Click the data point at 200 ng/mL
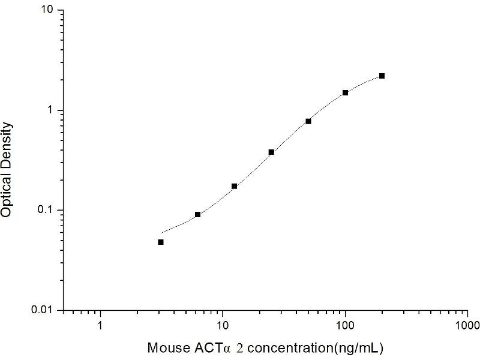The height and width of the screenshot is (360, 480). click(382, 76)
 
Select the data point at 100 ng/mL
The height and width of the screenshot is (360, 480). click(346, 93)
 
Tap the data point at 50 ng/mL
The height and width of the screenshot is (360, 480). click(308, 121)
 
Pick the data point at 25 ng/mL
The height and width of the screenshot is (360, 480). click(271, 152)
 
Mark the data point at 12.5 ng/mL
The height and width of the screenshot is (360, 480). click(235, 186)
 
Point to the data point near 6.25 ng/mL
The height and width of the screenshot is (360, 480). click(197, 214)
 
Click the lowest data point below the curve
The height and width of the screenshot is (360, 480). click(161, 242)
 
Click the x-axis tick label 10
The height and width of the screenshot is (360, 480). click(223, 328)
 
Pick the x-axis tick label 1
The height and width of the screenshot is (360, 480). click(100, 328)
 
